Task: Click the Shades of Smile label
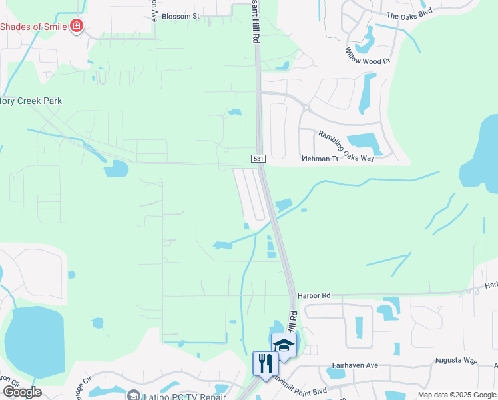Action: tap(33, 27)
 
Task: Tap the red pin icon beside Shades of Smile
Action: tap(77, 27)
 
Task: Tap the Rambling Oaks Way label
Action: tap(346, 145)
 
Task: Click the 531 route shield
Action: tap(259, 159)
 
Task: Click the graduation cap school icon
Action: tap(284, 345)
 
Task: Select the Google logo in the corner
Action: tap(21, 392)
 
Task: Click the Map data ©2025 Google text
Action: tap(456, 395)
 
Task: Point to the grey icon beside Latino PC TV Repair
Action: tap(134, 395)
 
